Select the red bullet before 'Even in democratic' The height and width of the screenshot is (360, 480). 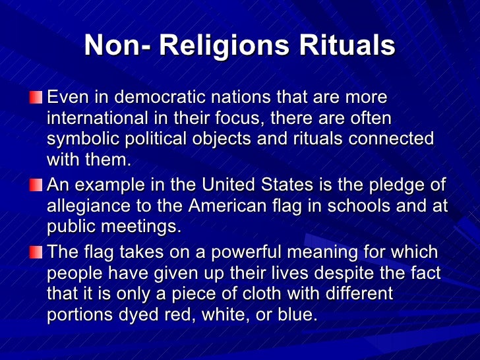tap(34, 98)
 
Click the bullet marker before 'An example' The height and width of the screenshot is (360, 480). tap(34, 185)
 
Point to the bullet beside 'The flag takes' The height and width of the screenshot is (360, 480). tap(34, 253)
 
